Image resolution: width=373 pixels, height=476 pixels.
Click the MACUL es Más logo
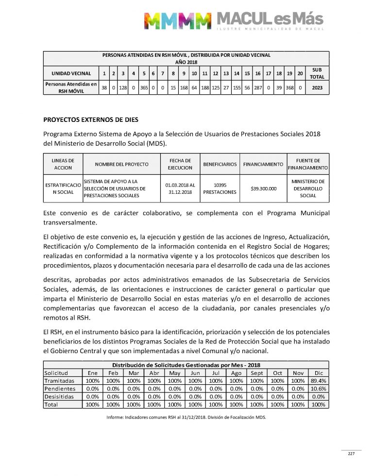pos(233,20)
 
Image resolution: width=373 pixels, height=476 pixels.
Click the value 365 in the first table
pos(144,87)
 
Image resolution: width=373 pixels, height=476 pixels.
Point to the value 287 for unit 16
pos(258,87)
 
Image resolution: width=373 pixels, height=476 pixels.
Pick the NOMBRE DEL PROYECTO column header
pos(121,164)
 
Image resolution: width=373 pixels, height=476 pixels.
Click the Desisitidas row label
pos(59,396)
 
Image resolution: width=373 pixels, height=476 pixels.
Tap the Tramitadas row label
pos(59,381)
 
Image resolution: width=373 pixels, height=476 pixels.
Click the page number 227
pos(351,454)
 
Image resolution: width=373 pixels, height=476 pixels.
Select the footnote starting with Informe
pos(186,417)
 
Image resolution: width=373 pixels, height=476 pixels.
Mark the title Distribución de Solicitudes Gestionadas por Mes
pos(186,365)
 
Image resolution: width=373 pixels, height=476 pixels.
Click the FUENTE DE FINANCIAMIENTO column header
pos(308,164)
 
